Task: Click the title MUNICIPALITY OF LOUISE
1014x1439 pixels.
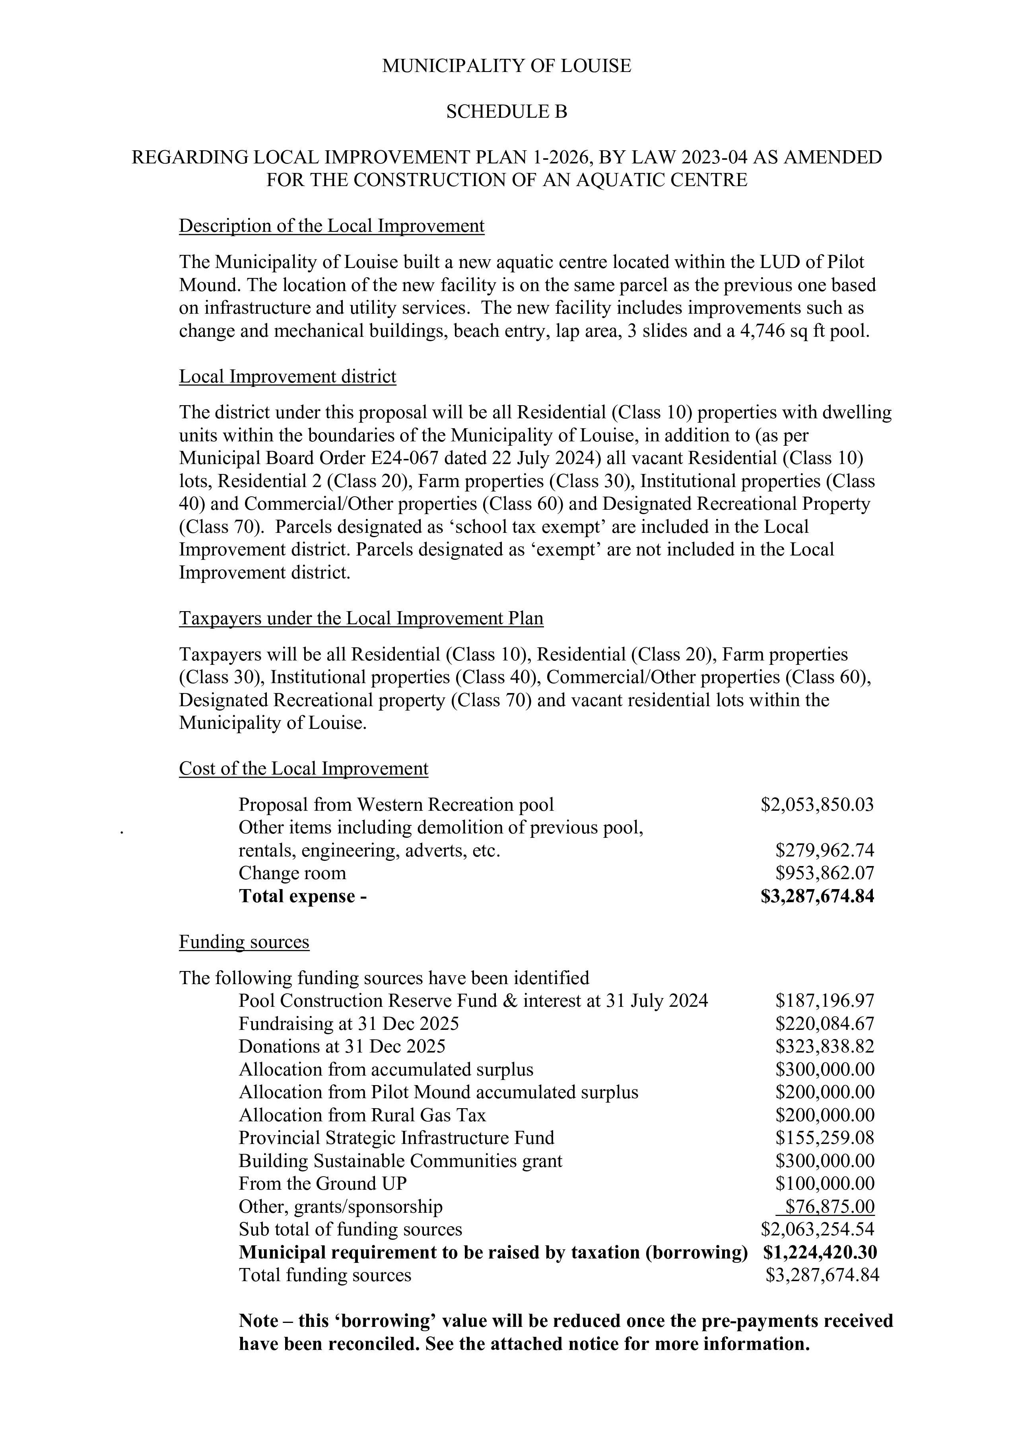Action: click(506, 66)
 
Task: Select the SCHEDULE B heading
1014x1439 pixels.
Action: click(506, 112)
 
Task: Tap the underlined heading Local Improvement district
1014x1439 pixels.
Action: click(287, 377)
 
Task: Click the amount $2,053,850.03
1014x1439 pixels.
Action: click(817, 805)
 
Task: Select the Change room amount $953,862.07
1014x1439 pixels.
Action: click(825, 873)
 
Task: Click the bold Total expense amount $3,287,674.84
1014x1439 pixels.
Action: click(817, 896)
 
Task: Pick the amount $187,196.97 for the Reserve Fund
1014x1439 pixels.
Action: click(825, 1001)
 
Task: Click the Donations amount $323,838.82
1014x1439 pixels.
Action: click(825, 1047)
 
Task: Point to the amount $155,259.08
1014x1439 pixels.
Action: click(825, 1138)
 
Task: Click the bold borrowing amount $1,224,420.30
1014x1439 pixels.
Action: click(820, 1252)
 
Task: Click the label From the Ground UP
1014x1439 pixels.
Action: click(323, 1184)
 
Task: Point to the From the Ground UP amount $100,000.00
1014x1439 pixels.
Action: click(825, 1184)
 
